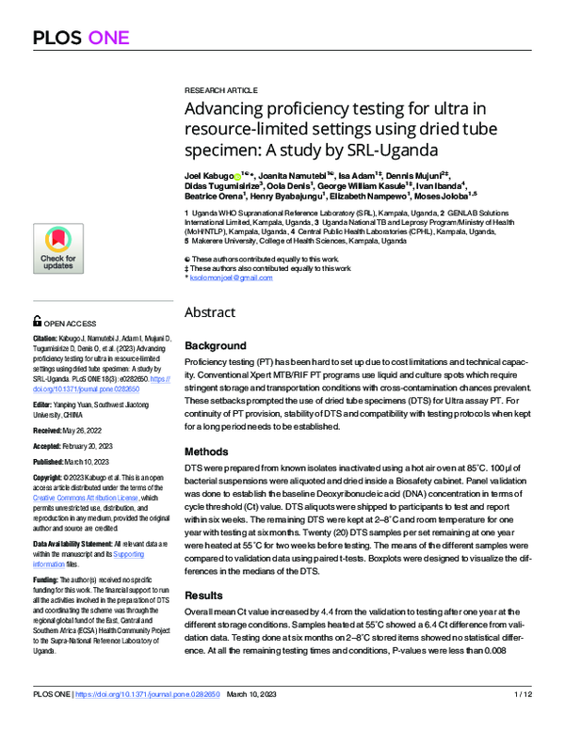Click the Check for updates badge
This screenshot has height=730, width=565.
point(58,250)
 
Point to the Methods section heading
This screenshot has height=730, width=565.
point(206,452)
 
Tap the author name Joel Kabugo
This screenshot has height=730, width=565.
point(207,175)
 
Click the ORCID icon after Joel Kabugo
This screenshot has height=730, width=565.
point(235,175)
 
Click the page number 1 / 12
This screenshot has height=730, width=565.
point(524,720)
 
